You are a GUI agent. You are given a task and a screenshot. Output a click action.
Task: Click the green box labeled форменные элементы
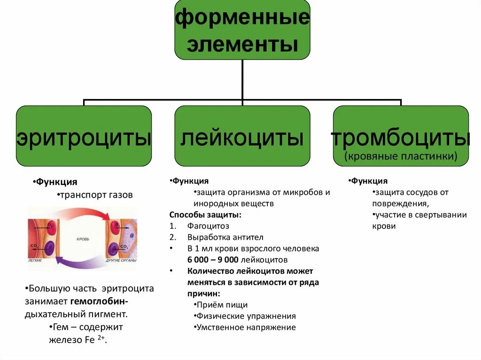tap(242, 29)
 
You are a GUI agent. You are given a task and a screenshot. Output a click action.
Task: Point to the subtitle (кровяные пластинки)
tap(401, 156)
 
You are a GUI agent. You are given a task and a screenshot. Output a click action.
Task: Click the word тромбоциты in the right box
tap(401, 138)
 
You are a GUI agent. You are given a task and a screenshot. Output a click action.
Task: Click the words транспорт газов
tap(96, 194)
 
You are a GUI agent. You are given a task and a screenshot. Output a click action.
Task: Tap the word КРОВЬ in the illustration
tap(83, 239)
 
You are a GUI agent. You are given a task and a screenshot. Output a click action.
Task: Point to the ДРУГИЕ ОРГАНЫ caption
tap(121, 260)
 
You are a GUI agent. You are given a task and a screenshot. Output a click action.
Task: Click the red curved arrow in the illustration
tap(80, 214)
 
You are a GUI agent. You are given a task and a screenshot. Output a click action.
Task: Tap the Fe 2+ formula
tap(94, 340)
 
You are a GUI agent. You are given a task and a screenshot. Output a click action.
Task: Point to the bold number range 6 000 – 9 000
tap(213, 260)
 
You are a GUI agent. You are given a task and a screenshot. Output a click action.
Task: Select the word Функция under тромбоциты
tap(370, 181)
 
